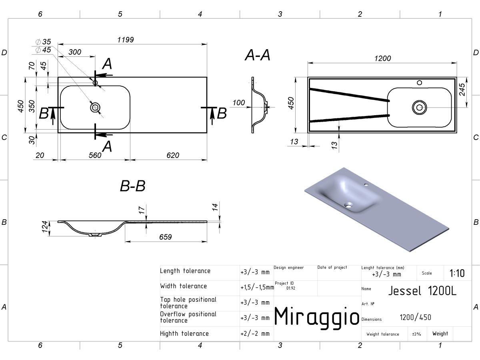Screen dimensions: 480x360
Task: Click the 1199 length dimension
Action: pyautogui.click(x=125, y=40)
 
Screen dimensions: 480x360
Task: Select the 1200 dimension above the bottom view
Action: pyautogui.click(x=382, y=58)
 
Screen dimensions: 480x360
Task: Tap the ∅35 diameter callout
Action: pyautogui.click(x=43, y=42)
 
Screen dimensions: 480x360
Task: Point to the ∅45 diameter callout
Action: pyautogui.click(x=43, y=50)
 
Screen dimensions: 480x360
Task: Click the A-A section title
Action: pyautogui.click(x=257, y=55)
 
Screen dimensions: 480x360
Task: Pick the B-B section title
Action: pyautogui.click(x=132, y=186)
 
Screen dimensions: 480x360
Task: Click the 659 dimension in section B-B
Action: pyautogui.click(x=165, y=237)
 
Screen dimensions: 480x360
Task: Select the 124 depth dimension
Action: pyautogui.click(x=45, y=227)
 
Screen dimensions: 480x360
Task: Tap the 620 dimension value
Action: pyautogui.click(x=173, y=155)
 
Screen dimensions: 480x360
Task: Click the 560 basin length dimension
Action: pyautogui.click(x=95, y=155)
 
